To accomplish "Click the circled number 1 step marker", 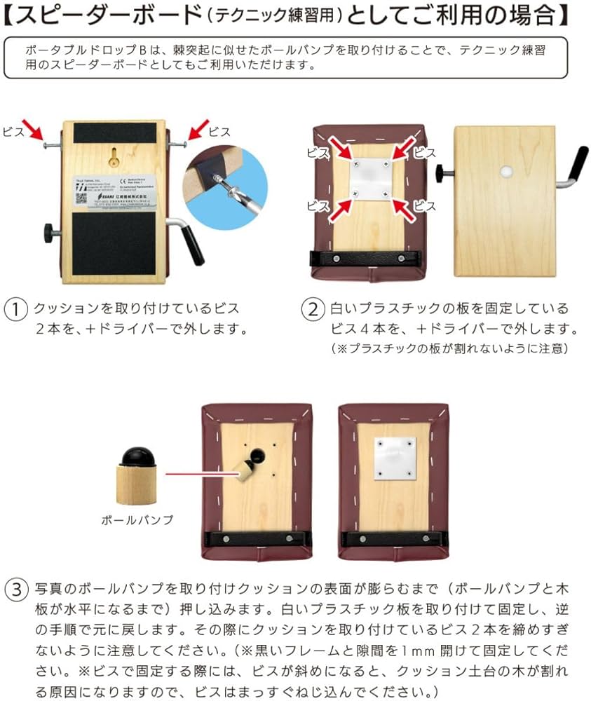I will (x=15, y=309).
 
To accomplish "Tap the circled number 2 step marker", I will (x=313, y=309).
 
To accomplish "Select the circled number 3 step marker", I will (x=15, y=589).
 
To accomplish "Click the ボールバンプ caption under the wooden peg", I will (x=137, y=520).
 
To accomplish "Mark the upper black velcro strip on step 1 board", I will (x=115, y=132).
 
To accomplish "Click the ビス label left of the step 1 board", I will (x=13, y=131).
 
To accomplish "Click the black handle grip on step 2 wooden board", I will (x=578, y=166).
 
